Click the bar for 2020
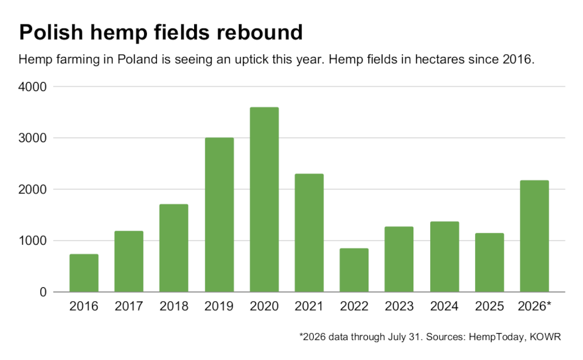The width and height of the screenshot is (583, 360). [264, 199]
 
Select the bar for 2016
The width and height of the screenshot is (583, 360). [84, 273]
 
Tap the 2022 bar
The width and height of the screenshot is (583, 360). [354, 270]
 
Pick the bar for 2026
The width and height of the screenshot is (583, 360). [534, 237]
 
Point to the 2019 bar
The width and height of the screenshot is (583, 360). [219, 215]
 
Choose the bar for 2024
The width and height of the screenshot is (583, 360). [444, 257]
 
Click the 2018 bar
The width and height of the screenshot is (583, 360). [174, 248]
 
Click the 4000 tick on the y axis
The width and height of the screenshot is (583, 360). [32, 87]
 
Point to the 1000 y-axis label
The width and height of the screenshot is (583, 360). [32, 241]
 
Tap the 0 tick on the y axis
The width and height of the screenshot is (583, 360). [43, 292]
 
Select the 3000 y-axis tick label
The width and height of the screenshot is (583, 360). [32, 138]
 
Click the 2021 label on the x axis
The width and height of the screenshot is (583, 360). [309, 306]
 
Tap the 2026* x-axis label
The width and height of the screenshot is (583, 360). [534, 306]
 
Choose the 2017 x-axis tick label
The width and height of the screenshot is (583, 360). [129, 306]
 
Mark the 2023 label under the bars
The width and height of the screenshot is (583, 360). [399, 306]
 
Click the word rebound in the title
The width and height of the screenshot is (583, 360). [260, 32]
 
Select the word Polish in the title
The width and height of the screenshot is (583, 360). [51, 32]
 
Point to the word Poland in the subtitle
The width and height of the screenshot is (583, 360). [138, 59]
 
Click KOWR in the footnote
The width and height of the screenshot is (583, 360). [545, 337]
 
